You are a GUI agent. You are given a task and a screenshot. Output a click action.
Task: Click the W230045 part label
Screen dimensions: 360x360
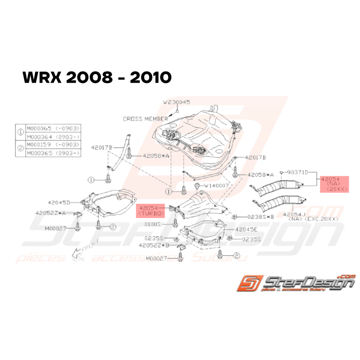(x=177, y=102)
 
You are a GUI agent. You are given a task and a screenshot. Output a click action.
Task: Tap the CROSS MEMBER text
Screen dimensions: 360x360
(x=145, y=119)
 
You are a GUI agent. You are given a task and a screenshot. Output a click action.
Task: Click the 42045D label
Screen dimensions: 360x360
(x=59, y=202)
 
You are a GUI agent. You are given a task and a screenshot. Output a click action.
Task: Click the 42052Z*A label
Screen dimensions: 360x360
(x=50, y=213)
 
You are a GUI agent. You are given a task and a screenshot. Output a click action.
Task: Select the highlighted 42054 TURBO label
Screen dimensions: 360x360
(x=150, y=210)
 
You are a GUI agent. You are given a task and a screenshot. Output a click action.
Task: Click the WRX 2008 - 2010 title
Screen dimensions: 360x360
(x=97, y=77)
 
